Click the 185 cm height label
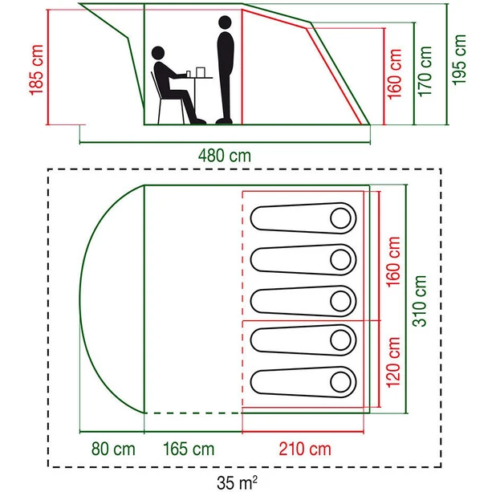click(35, 71)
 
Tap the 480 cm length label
click(225, 156)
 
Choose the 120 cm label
click(393, 362)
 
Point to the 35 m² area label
click(238, 483)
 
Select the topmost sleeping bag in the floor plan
click(303, 218)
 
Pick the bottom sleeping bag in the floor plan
click(303, 381)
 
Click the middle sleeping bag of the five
click(303, 299)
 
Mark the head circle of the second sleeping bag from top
click(341, 258)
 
